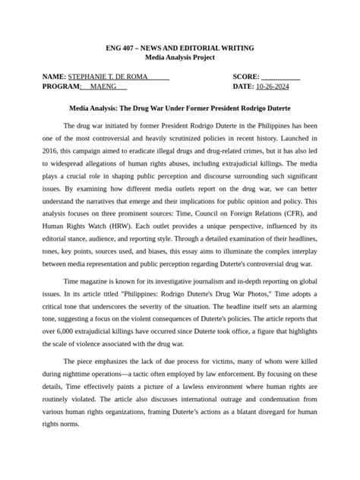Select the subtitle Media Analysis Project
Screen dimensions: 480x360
pos(180,58)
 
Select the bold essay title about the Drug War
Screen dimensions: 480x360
pos(180,109)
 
